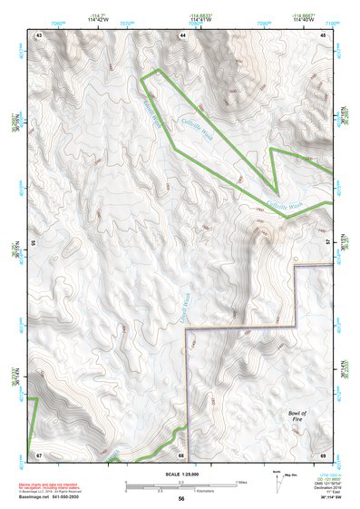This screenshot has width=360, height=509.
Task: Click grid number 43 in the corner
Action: pos(39,34)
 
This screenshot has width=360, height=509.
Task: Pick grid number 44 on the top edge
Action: pos(182,34)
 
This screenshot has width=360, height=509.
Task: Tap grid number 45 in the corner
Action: pos(324,34)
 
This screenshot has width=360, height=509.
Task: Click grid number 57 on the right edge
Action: pos(328,243)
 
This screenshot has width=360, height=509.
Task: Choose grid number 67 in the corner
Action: pos(39,454)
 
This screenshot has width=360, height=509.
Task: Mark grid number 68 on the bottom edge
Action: pos(182,454)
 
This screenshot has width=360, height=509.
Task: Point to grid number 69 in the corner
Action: pos(324,454)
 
